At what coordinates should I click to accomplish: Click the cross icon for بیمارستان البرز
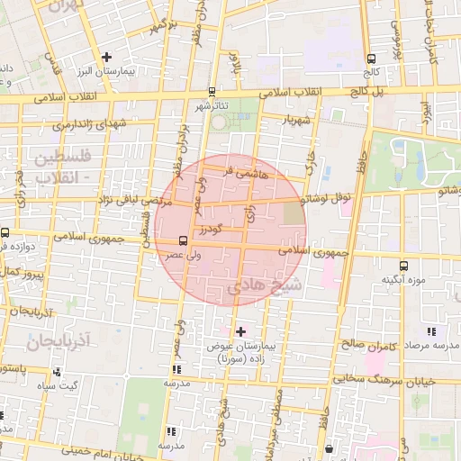[107, 57]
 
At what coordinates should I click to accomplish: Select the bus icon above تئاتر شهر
[212, 91]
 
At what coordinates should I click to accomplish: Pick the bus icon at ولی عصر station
[184, 240]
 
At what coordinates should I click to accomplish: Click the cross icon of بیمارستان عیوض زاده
[240, 331]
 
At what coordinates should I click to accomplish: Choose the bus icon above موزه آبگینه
[402, 266]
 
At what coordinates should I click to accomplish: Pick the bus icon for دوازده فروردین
[5, 232]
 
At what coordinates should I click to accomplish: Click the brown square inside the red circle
[294, 213]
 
